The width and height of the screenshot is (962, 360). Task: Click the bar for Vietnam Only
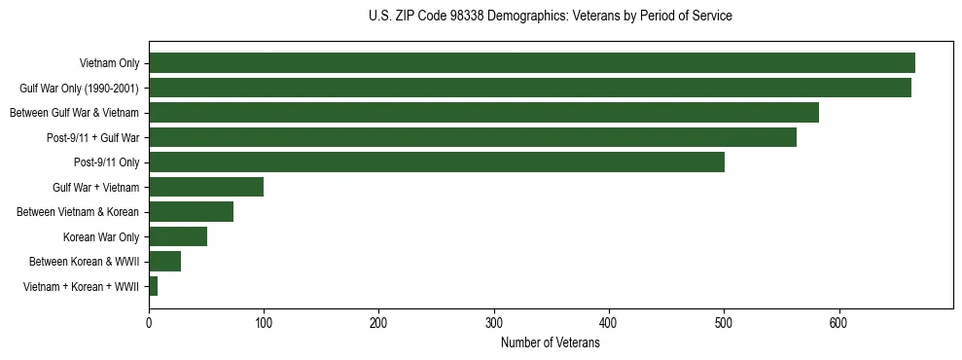coord(532,63)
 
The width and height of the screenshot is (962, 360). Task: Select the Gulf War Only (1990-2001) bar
coord(530,88)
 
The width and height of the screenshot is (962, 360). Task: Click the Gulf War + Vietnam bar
coord(206,187)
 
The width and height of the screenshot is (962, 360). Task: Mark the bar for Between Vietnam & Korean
coord(191,212)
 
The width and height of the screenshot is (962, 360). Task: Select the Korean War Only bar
coord(178,236)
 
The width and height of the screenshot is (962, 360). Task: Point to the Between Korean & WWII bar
coord(164,262)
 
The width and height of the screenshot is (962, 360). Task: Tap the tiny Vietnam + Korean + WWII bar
coord(153,286)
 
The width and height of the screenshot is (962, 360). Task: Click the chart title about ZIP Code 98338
coord(551,17)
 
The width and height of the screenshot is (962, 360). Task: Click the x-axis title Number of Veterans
coord(551,343)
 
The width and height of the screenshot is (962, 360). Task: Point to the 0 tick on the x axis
coord(149,324)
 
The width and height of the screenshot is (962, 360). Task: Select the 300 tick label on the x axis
coord(494,324)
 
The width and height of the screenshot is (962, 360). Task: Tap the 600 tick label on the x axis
coord(839,324)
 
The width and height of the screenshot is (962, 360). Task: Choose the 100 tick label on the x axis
coord(264,324)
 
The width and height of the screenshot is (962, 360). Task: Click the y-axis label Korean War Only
coord(101,236)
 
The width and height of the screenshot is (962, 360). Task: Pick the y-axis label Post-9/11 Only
coord(106,162)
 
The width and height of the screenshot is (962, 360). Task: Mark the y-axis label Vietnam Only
coord(109,63)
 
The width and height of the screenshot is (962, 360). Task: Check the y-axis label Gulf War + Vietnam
coord(95,187)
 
